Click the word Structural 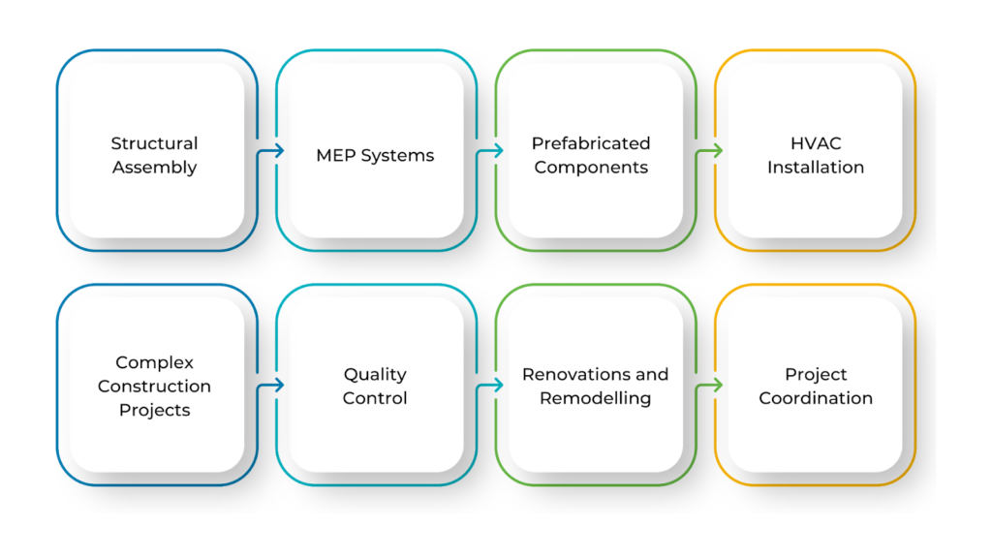(x=154, y=143)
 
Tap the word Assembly (x=154, y=168)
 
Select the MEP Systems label (x=375, y=156)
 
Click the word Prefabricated (x=591, y=143)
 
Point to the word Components (x=591, y=168)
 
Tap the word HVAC (x=816, y=143)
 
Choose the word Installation (x=816, y=167)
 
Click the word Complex (x=154, y=363)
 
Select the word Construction (x=154, y=386)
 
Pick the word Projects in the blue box (x=154, y=411)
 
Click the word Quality (x=375, y=375)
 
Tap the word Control (x=375, y=398)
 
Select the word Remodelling (x=596, y=398)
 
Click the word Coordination (x=816, y=398)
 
